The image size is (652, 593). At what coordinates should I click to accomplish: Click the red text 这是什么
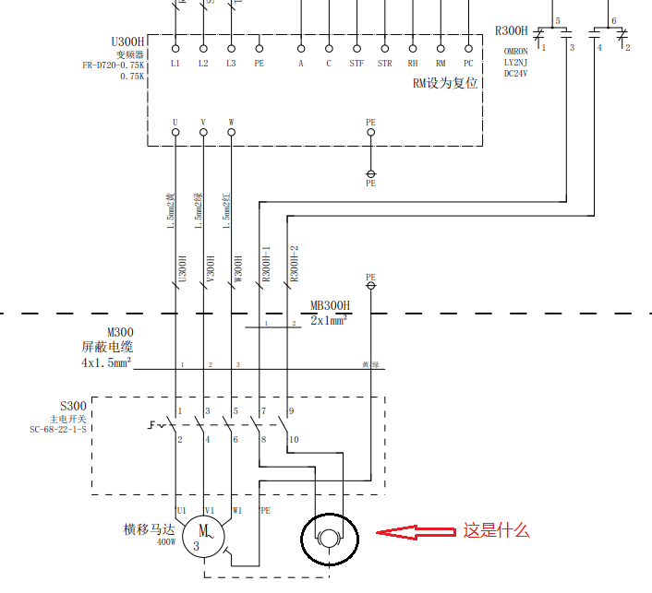point(496,530)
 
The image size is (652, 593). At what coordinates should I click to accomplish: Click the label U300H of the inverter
point(127,42)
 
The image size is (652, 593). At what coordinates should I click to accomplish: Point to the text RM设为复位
point(445,83)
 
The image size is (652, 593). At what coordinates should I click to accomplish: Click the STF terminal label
point(356,64)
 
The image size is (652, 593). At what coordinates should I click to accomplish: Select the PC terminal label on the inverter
point(468,64)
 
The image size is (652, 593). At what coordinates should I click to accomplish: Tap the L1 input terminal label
point(175,64)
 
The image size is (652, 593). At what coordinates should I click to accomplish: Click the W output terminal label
point(231,122)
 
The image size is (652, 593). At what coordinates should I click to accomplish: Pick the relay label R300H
point(512,30)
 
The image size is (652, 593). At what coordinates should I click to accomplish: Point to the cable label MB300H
point(330,305)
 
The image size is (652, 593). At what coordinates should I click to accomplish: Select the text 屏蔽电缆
point(107,348)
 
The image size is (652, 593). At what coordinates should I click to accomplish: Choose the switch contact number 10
point(295,440)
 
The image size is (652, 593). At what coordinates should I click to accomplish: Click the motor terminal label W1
point(237,509)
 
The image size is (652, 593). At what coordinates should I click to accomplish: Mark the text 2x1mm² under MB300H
point(329,320)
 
